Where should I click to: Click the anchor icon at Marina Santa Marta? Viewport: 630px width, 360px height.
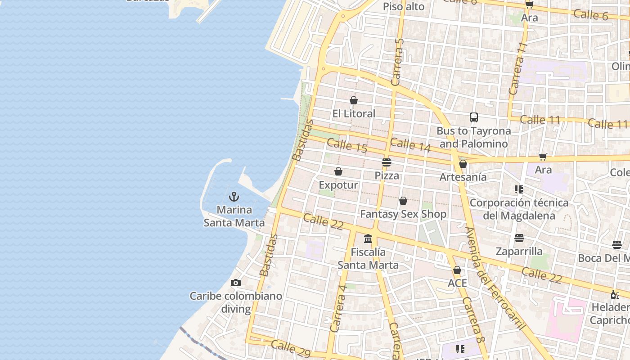coord(234,197)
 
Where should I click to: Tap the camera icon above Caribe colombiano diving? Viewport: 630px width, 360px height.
coord(235,283)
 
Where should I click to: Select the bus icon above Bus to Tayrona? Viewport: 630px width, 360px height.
coord(474,117)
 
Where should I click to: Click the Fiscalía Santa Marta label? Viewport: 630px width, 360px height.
coord(368,258)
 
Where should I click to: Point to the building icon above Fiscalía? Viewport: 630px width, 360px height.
coord(368,238)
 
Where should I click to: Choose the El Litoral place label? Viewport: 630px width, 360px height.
coord(354,113)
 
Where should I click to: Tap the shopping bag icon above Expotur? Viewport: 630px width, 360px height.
coord(338,171)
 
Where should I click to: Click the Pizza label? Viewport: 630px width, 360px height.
coord(387,175)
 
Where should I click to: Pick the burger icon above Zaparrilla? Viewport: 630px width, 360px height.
coord(519,238)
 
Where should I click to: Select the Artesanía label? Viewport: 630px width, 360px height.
coord(463,177)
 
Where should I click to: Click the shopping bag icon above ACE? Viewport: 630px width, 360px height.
coord(457,270)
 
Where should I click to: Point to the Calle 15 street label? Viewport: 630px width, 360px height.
coord(347,145)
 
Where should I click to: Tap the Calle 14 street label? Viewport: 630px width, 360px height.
coord(410,145)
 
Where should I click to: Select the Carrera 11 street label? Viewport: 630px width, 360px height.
coord(518,68)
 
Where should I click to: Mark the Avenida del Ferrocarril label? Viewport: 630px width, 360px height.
coord(495,279)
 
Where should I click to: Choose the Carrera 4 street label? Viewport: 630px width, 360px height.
coord(338,308)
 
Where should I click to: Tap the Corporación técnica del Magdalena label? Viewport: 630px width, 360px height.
coord(519,209)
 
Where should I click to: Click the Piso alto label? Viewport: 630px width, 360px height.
coord(404,6)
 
